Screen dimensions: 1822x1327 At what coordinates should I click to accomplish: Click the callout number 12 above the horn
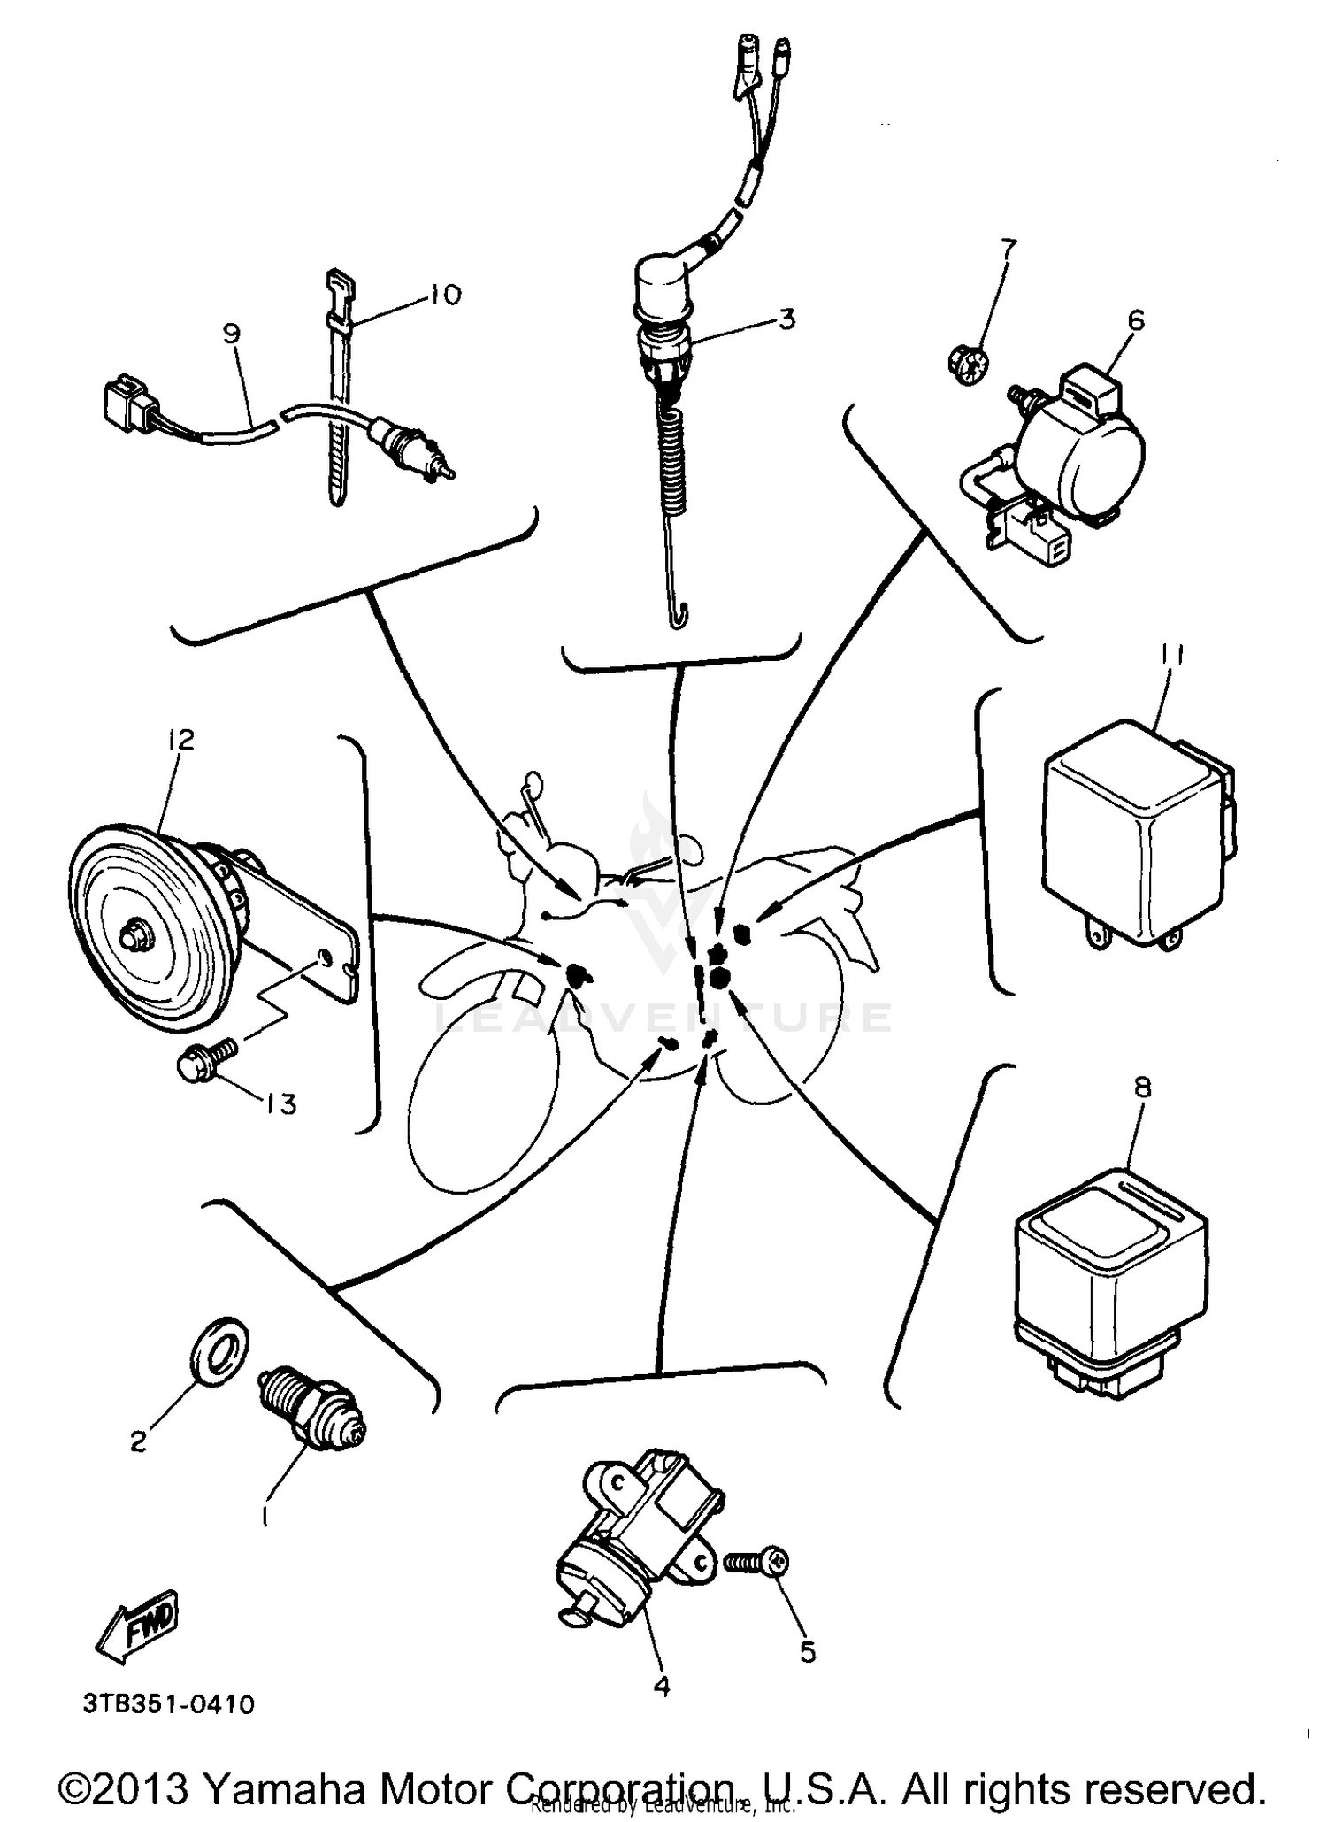[x=180, y=739]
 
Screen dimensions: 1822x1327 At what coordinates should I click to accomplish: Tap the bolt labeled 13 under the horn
[x=206, y=1058]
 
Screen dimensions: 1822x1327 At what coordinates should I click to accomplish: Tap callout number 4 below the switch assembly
[x=661, y=1686]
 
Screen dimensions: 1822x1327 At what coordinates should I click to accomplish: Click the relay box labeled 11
[x=1134, y=838]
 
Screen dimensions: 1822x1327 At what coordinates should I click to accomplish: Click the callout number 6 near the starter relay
[x=1136, y=319]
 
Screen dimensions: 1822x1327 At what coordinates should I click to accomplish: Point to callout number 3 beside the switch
[x=786, y=318]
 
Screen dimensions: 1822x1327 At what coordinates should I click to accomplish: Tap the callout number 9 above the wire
[x=232, y=334]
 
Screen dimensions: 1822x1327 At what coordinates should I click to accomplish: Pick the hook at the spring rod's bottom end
[x=677, y=615]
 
